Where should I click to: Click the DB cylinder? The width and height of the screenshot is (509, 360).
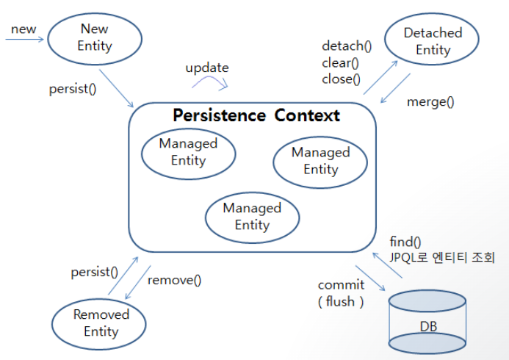pyautogui.click(x=427, y=322)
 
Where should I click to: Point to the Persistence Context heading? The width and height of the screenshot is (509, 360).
pyautogui.click(x=256, y=115)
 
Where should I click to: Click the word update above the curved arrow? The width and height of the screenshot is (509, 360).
pyautogui.click(x=207, y=68)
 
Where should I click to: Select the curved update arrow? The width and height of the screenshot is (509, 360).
pyautogui.click(x=210, y=78)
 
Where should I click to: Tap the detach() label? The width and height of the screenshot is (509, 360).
pyautogui.click(x=347, y=46)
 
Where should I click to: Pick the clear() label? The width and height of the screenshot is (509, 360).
pyautogui.click(x=340, y=62)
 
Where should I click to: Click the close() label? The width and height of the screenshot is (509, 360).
pyautogui.click(x=342, y=79)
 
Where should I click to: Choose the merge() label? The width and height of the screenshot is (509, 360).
pyautogui.click(x=430, y=102)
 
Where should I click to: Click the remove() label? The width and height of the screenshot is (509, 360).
pyautogui.click(x=174, y=280)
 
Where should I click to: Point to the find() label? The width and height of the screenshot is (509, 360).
pyautogui.click(x=405, y=242)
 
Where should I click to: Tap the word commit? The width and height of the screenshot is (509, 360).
pyautogui.click(x=342, y=285)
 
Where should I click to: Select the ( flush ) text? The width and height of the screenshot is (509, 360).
pyautogui.click(x=341, y=301)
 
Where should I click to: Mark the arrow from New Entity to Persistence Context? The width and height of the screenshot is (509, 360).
pyautogui.click(x=116, y=88)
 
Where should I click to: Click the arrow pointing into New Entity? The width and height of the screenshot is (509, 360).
pyautogui.click(x=24, y=40)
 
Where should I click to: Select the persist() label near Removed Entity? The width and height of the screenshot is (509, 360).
pyautogui.click(x=95, y=272)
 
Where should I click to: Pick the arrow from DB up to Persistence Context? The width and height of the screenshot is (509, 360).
pyautogui.click(x=387, y=265)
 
